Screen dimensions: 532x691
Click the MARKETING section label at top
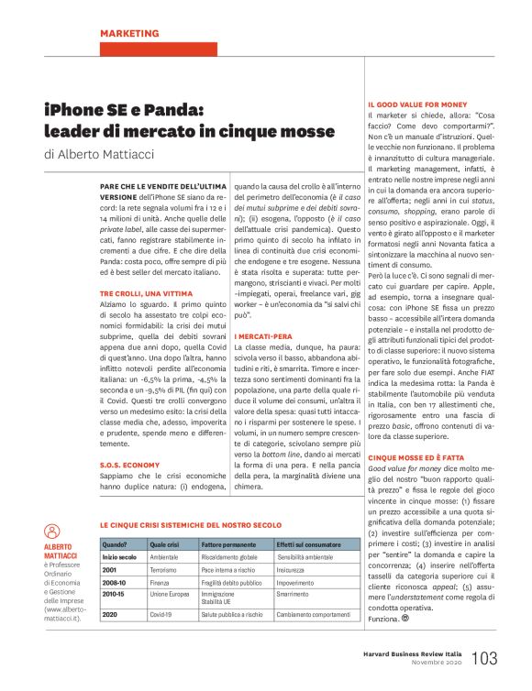[128, 34]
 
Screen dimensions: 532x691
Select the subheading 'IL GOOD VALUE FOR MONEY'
[417, 104]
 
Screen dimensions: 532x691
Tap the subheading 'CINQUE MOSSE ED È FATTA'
[417, 456]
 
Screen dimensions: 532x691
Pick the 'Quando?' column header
[115, 543]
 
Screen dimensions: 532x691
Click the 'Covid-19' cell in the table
[161, 612]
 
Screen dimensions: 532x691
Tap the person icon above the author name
[52, 531]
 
